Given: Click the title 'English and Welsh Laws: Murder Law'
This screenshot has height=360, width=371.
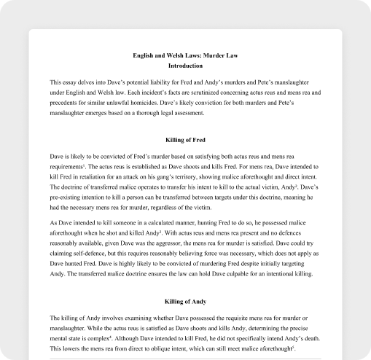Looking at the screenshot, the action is tap(185, 55).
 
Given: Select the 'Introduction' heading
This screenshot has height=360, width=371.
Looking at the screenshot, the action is tap(185, 66).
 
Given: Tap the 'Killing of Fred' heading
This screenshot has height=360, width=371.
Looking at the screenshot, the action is tap(185, 138).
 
